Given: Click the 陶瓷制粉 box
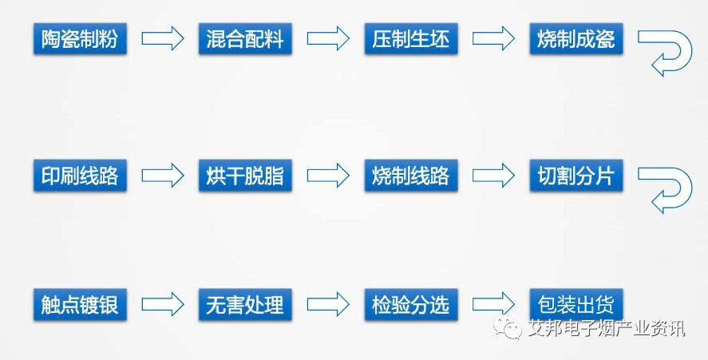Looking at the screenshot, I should (80, 39).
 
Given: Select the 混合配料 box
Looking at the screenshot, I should (245, 39).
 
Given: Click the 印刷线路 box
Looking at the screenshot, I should (80, 176).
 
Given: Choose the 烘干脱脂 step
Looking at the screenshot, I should (245, 176).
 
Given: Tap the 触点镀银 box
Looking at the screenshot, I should (80, 304).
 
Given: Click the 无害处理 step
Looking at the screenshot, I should (245, 304).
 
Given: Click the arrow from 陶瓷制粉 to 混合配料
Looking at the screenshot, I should (162, 38).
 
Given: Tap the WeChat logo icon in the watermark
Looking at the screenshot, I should (510, 327).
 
